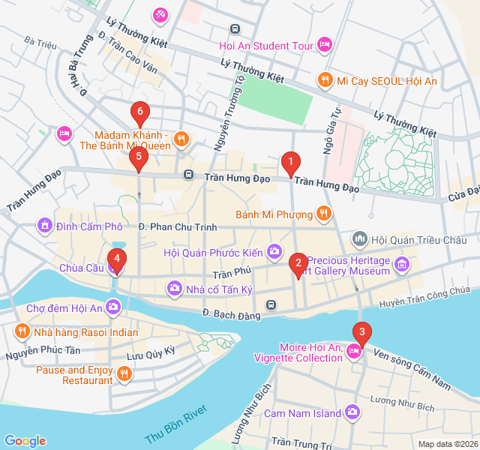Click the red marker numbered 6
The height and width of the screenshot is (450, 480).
139,113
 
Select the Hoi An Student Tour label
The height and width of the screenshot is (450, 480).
265,46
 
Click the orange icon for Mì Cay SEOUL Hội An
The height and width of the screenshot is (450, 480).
325,79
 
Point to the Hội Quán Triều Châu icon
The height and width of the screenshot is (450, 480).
360,239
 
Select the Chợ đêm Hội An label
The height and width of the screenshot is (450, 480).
64,307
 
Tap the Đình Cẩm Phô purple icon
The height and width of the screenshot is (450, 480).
45,225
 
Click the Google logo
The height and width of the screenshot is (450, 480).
25,441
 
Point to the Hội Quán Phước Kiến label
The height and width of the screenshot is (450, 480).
214,252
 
